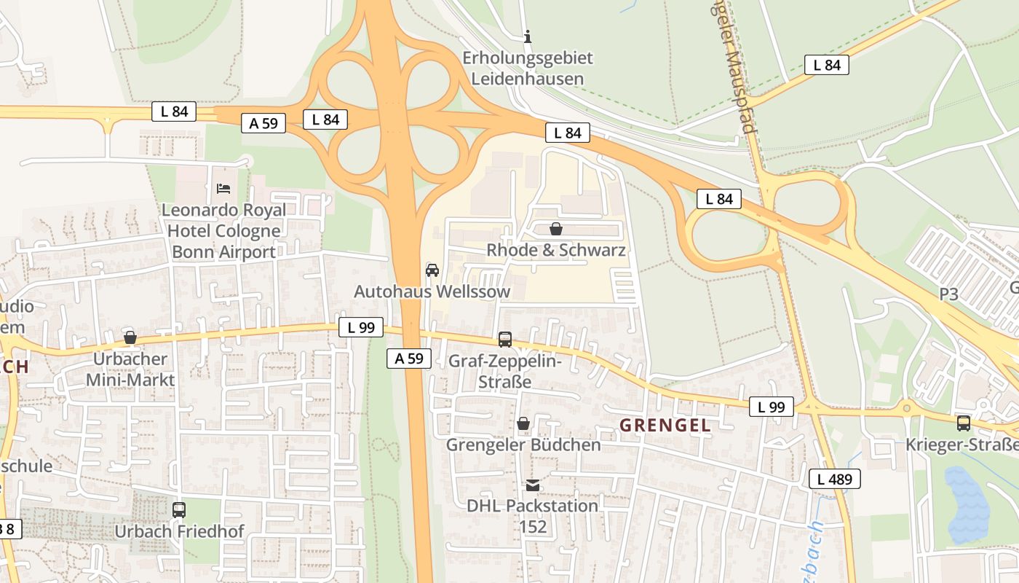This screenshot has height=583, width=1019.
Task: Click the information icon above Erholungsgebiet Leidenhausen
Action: [528, 36]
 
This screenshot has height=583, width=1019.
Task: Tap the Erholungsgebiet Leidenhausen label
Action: [528, 68]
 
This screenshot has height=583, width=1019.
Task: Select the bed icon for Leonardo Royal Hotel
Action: [223, 189]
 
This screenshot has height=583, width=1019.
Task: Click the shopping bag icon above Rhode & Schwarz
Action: [556, 229]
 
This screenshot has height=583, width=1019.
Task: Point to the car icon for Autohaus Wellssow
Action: [432, 270]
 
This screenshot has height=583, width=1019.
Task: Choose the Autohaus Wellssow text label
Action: [432, 291]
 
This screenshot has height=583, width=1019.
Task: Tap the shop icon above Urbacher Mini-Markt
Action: [130, 337]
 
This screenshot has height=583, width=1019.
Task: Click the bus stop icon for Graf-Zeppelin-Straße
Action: [504, 339]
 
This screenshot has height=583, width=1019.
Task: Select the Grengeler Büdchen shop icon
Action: [523, 423]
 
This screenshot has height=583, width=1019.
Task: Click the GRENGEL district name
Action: [665, 426]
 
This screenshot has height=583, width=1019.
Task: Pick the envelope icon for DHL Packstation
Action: [533, 485]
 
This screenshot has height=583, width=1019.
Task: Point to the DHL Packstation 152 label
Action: [533, 515]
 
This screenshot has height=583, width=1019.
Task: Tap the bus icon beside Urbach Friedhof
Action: [179, 510]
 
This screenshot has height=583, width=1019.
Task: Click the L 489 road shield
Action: [834, 479]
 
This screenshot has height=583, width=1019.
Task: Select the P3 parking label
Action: [948, 294]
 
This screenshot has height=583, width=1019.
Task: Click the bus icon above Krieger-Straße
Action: [964, 423]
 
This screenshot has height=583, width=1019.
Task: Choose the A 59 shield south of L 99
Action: [408, 358]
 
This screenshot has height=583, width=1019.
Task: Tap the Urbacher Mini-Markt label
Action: [130, 369]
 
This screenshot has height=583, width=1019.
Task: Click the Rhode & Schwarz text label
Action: [556, 250]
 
